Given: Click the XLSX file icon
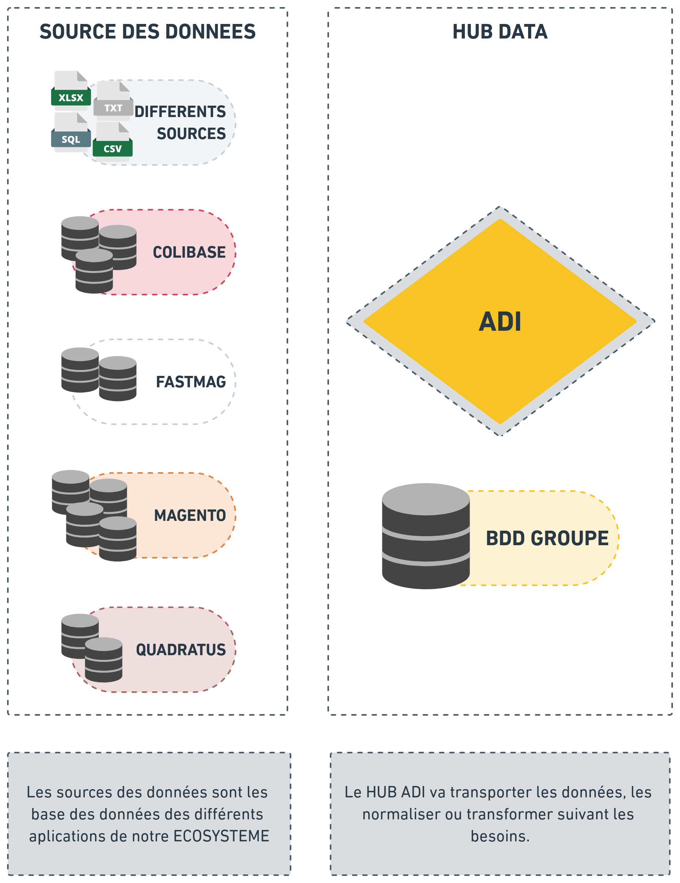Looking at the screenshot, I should (x=71, y=92).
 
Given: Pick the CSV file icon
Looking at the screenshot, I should (x=113, y=142).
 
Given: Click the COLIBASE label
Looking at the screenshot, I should (x=189, y=252).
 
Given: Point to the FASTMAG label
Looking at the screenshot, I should (x=191, y=382).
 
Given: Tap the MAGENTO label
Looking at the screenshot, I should (x=190, y=515).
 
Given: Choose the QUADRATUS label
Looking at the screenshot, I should (x=181, y=650).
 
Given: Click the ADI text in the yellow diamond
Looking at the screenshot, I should (x=500, y=322).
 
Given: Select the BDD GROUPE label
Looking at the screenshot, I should (x=547, y=538).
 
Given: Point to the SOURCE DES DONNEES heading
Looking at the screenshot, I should (x=148, y=31).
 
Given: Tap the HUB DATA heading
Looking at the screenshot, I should (x=500, y=31).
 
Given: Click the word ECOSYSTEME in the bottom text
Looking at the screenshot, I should (x=221, y=836).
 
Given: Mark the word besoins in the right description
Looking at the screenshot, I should (x=500, y=836).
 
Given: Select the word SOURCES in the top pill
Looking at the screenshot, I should (x=191, y=134).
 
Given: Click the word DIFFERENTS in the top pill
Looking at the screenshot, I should (x=180, y=112).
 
